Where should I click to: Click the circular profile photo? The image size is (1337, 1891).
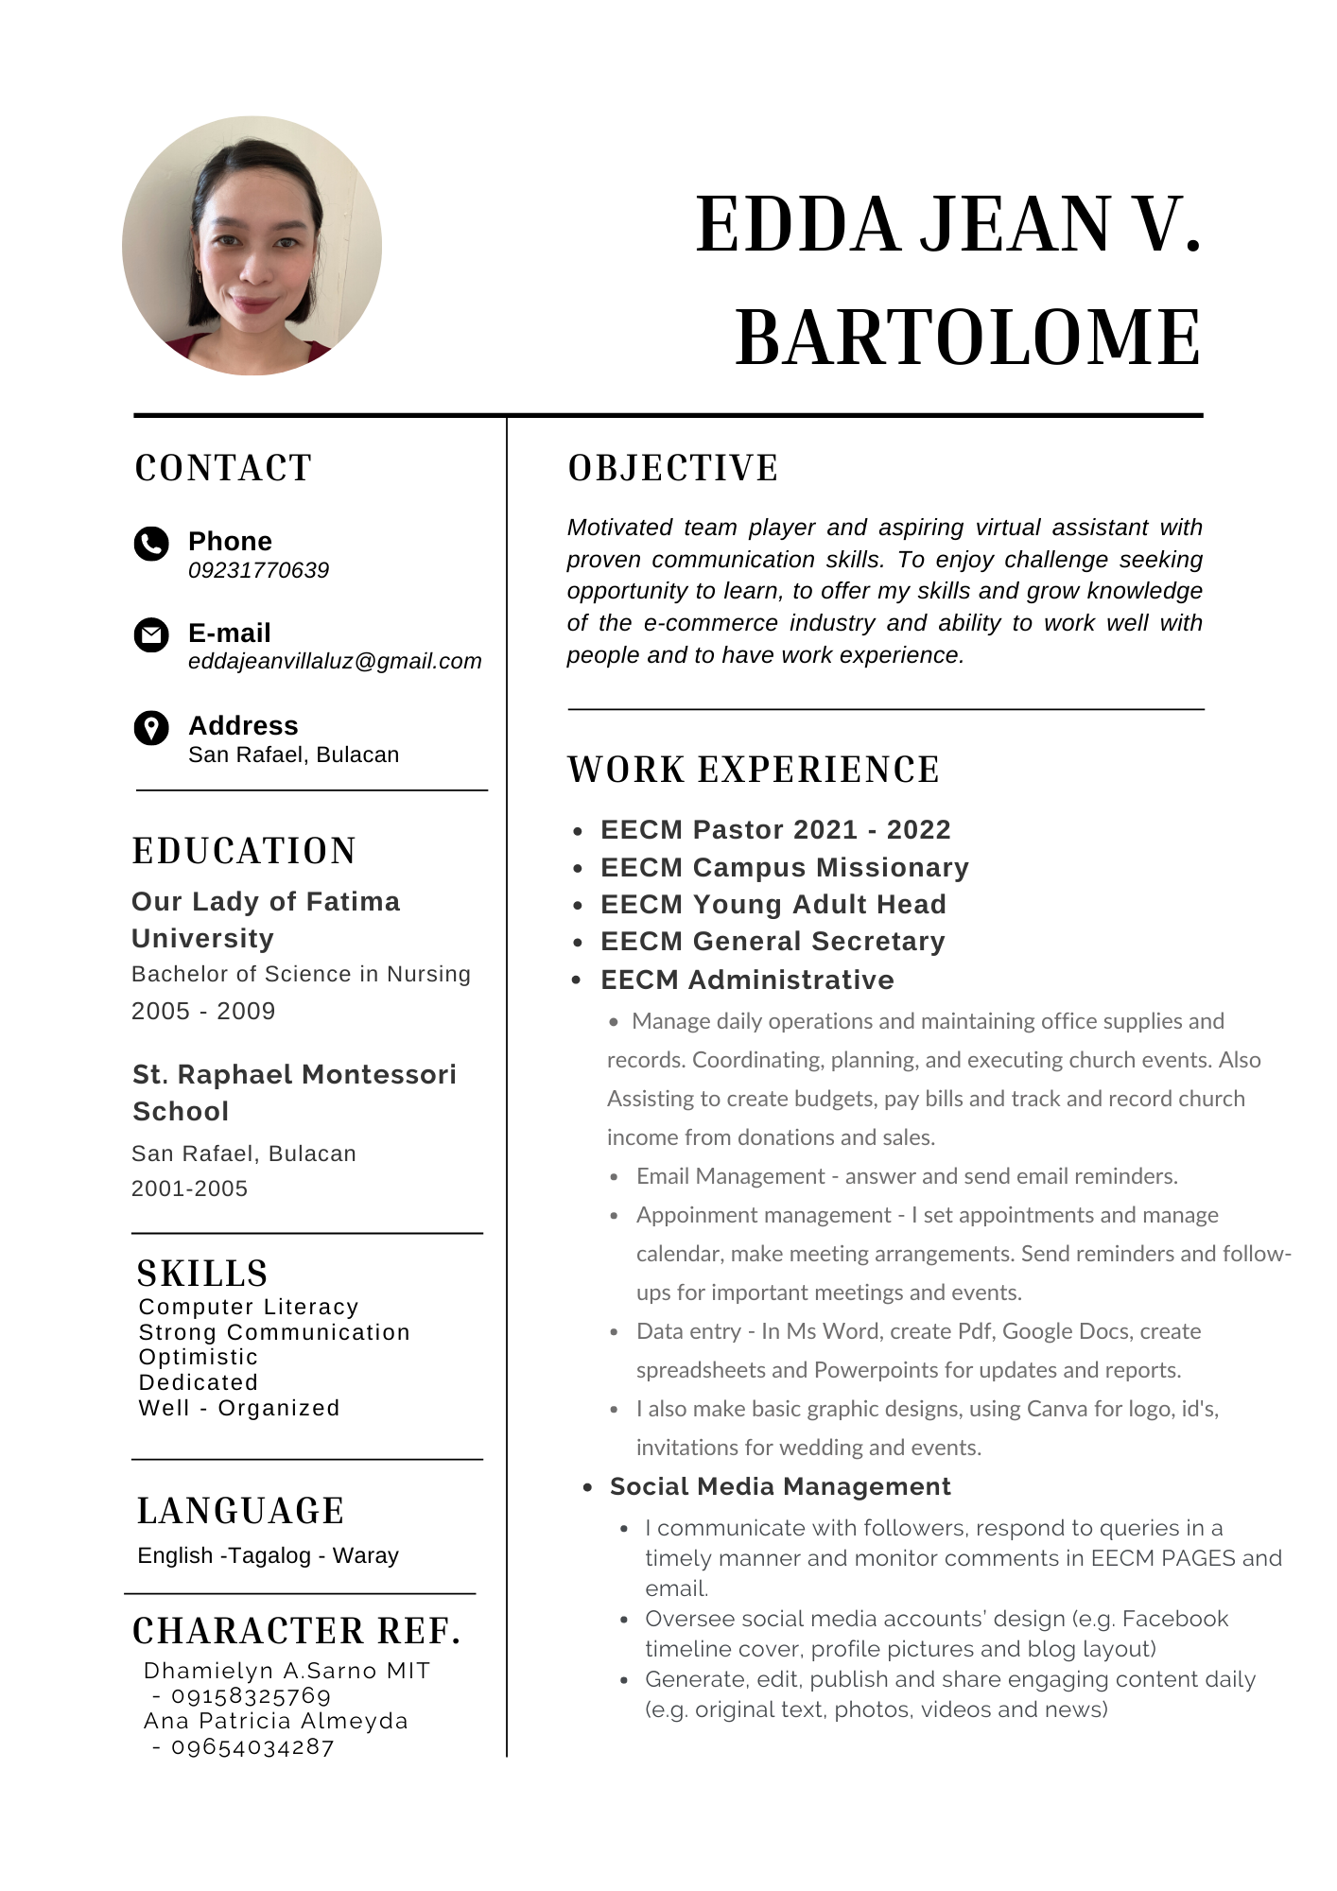pos(252,246)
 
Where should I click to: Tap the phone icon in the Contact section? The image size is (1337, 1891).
pos(151,544)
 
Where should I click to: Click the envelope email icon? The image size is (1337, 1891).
pos(151,634)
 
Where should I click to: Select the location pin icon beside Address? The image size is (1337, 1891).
pos(151,728)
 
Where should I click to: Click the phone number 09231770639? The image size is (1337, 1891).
pos(258,570)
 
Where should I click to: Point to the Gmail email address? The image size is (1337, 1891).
pos(335,661)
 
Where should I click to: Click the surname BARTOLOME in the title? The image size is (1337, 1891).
pos(967,338)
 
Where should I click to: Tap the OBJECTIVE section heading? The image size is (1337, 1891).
pos(673,468)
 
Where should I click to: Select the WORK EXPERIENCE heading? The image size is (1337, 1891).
pos(754,770)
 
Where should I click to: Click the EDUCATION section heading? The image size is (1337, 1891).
pos(244,851)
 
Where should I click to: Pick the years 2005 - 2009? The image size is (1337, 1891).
pos(203,1011)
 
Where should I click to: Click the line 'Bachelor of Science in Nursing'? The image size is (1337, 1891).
pos(301,974)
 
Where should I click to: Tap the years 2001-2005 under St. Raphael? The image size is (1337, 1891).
pos(189,1188)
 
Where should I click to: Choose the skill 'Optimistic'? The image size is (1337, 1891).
pos(198,1357)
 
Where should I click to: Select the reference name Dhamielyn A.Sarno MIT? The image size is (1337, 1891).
pos(286,1671)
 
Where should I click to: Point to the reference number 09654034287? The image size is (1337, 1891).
pos(252,1746)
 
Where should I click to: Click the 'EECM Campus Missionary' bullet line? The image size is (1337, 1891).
pos(784,867)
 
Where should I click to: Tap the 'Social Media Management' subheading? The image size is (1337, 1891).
pos(780,1486)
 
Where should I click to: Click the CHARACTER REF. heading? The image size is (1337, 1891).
pos(297,1631)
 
